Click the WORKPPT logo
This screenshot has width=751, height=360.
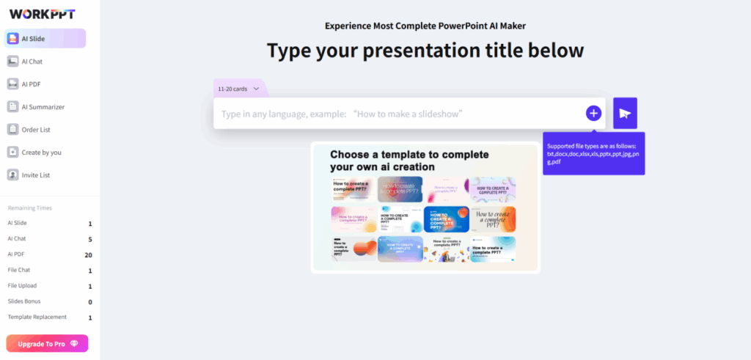tap(42, 14)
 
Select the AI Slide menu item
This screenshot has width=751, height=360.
tap(45, 39)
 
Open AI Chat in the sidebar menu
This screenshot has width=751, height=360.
tap(32, 62)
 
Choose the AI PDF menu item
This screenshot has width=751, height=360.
tap(31, 84)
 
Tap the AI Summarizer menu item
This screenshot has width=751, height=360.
tap(43, 107)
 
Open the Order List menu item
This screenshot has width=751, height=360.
tap(36, 130)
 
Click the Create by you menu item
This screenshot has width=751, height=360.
tap(41, 153)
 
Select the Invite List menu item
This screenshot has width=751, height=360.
tap(36, 175)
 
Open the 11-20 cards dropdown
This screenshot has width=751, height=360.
tap(238, 89)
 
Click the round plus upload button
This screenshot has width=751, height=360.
tap(593, 113)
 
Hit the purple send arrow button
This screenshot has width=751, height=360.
tap(625, 113)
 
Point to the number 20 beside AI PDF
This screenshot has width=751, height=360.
tap(88, 255)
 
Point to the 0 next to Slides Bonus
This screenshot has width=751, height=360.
tap(89, 301)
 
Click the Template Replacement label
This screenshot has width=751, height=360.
tap(37, 317)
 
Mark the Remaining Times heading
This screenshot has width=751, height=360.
tap(29, 208)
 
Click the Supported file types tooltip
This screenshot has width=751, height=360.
tap(593, 153)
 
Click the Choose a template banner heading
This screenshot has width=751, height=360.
tap(409, 161)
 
